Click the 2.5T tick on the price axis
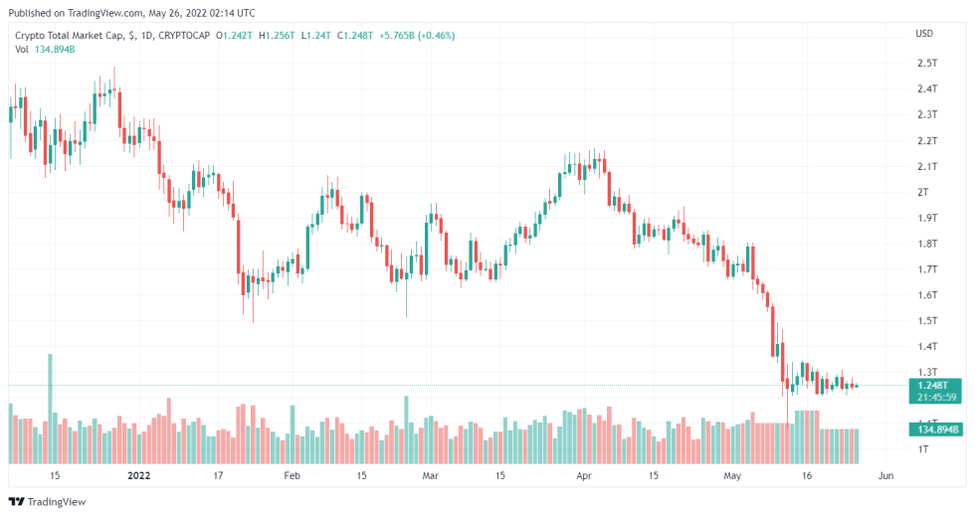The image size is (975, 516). click(x=926, y=63)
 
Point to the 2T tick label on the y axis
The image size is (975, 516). click(x=922, y=192)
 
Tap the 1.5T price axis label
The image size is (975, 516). click(x=926, y=320)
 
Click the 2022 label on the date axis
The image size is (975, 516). click(x=138, y=476)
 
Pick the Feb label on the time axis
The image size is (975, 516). click(x=292, y=476)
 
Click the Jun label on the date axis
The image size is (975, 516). click(x=884, y=476)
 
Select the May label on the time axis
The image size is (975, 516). click(x=733, y=476)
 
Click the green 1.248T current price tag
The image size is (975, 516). click(x=932, y=384)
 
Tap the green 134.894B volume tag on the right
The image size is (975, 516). click(x=933, y=429)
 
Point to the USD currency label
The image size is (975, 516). click(x=924, y=35)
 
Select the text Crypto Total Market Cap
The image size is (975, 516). click(x=69, y=36)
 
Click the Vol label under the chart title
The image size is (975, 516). click(x=22, y=50)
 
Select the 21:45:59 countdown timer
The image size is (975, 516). click(x=933, y=397)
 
